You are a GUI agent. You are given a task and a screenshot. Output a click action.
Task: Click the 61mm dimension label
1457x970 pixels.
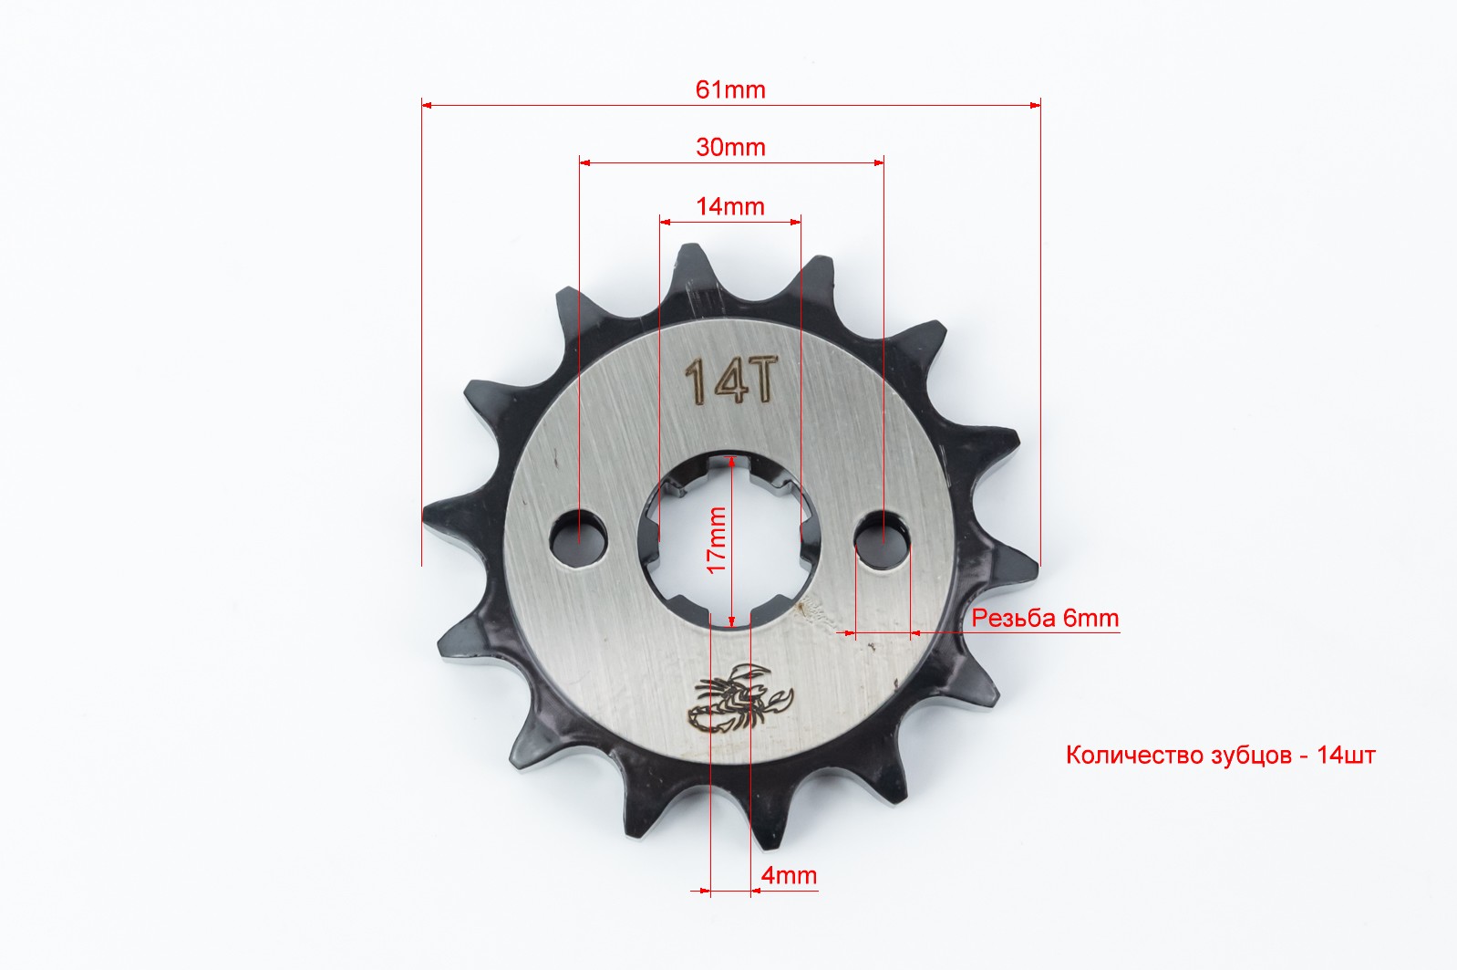(730, 89)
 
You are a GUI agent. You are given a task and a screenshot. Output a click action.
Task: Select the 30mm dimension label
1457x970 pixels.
(730, 147)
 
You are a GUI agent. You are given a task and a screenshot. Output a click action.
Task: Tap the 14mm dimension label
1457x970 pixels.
(730, 206)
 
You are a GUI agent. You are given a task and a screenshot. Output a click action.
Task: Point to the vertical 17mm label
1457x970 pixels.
(716, 539)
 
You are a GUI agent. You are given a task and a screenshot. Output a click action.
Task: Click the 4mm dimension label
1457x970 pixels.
(789, 875)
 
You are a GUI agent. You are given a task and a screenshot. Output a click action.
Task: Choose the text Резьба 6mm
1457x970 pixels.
(1045, 618)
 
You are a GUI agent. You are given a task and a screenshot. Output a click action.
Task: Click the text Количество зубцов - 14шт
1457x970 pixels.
(1221, 756)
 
